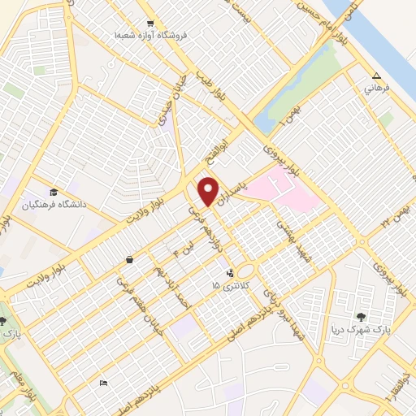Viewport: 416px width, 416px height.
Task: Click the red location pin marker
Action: tap(210, 190)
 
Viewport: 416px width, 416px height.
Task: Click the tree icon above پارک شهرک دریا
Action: tap(362, 317)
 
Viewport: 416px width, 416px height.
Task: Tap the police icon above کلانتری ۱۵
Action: tap(230, 272)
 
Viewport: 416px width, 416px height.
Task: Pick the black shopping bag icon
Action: tap(130, 260)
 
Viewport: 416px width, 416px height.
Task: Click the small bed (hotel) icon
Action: tap(102, 383)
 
